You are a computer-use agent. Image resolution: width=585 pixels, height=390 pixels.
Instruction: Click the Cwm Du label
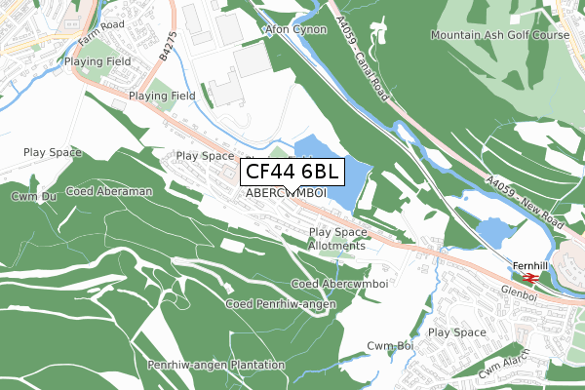(30, 196)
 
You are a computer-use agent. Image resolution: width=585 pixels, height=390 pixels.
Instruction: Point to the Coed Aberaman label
(108, 192)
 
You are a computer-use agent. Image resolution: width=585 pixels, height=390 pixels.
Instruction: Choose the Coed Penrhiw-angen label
(281, 304)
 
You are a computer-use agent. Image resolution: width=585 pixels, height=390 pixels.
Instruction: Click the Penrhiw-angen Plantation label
(215, 365)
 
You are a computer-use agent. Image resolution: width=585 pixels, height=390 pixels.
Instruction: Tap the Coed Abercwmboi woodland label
(340, 284)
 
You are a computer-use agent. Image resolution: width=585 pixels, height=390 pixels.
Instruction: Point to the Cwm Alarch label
(503, 363)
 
